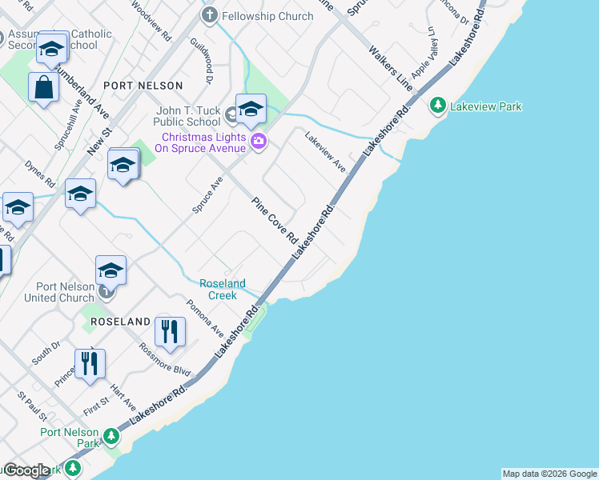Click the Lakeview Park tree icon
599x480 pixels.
coord(438,106)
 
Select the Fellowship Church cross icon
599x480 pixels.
coord(210,15)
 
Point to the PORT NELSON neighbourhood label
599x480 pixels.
coord(143,85)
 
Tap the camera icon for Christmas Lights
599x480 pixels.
coord(259,142)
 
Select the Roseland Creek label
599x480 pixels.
coord(223,289)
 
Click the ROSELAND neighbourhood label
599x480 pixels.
coord(120,322)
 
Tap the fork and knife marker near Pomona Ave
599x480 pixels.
coord(170,332)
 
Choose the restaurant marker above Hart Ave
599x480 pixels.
coord(90,364)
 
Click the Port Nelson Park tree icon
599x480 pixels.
coord(111,436)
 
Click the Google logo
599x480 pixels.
coord(26,470)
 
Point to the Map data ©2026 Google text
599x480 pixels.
coord(549,474)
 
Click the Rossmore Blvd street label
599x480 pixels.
coord(165,361)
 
